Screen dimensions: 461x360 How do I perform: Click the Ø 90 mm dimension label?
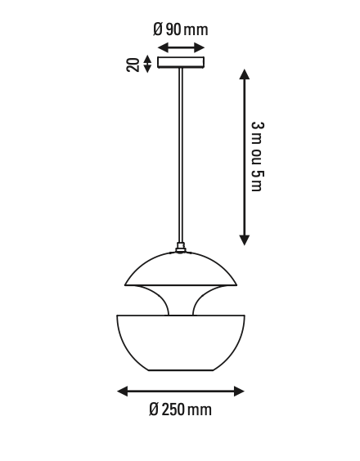(180, 29)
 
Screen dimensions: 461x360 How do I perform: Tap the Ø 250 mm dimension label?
(180, 410)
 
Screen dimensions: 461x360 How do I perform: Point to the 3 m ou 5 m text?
(256, 156)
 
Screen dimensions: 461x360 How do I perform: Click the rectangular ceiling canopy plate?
(181, 62)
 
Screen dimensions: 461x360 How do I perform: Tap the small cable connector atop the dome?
(181, 245)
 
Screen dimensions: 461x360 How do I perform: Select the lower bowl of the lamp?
(181, 343)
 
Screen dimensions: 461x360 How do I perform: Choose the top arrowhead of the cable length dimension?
(244, 74)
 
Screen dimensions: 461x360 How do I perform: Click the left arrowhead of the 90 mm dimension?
(161, 47)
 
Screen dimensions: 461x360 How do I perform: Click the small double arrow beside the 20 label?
(147, 63)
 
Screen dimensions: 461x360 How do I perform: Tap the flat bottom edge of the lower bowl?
(181, 370)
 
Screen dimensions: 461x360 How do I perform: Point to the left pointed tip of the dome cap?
(126, 284)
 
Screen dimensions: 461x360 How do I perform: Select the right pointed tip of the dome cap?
(236, 284)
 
